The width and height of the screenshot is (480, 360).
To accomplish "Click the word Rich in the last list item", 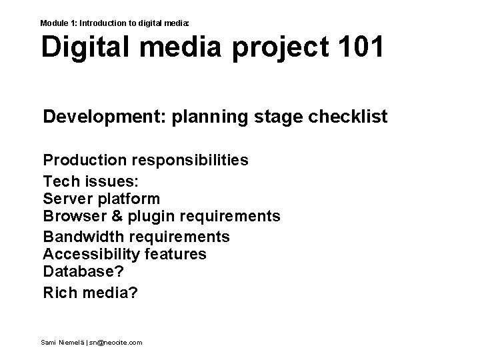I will point(59,292).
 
